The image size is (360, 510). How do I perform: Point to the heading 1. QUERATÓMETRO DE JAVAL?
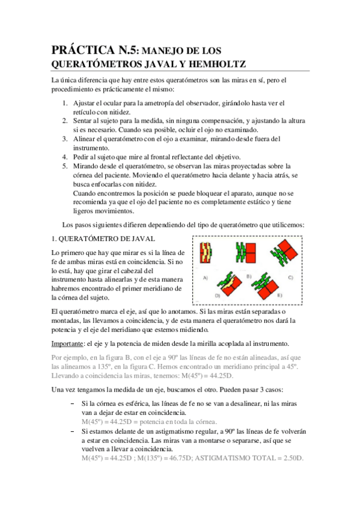pos(103,239)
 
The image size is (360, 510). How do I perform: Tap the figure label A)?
pos(206,278)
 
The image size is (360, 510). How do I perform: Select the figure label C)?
pos(290,277)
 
